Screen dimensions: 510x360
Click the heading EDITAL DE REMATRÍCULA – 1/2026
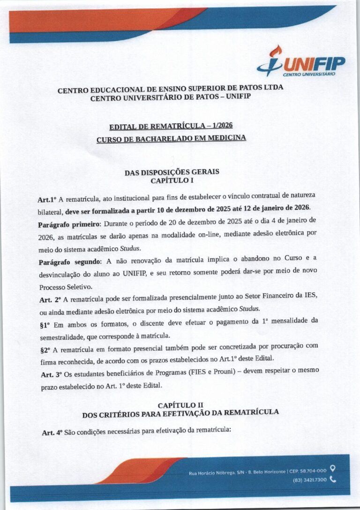click(x=171, y=126)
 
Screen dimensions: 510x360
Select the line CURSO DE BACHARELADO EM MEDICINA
click(x=171, y=139)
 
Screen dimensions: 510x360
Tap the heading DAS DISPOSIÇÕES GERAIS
click(x=172, y=172)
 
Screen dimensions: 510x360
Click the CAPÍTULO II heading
click(x=180, y=405)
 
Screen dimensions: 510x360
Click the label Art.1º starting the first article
click(x=47, y=199)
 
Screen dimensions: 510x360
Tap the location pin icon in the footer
click(x=333, y=468)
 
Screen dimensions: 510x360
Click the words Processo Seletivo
click(x=61, y=286)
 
